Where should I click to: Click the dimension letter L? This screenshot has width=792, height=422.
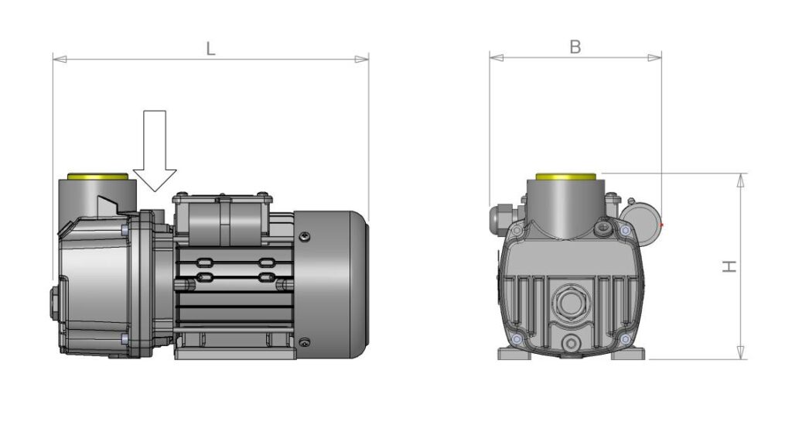point(210,48)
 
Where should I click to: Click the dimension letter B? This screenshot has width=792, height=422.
point(575,46)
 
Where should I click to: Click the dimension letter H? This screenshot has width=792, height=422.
point(729,266)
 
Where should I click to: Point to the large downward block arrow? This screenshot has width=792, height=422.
point(155,151)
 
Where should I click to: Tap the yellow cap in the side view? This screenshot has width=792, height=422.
point(98,177)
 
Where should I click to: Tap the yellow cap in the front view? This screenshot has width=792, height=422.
point(565,177)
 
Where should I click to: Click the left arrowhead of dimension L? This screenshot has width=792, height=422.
point(60,59)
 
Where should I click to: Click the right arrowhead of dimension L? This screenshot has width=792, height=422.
point(362,59)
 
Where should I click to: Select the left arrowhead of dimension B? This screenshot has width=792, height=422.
point(496,57)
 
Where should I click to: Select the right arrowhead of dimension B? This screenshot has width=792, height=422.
point(654,57)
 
